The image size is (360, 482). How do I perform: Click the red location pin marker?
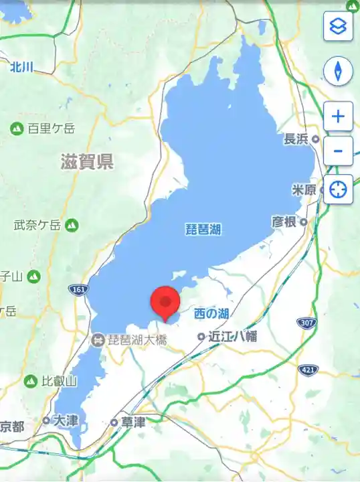(x=165, y=303)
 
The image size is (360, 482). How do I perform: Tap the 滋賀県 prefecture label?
(x=87, y=161)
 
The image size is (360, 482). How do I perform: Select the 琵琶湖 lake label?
(x=203, y=230)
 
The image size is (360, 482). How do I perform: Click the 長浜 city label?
(x=296, y=139)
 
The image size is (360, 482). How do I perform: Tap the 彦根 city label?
(x=284, y=222)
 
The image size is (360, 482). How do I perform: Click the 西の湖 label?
(x=211, y=313)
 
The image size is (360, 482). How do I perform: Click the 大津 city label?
(x=66, y=420)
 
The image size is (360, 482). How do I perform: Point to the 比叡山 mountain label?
(x=59, y=381)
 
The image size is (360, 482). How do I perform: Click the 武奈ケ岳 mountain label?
(x=38, y=226)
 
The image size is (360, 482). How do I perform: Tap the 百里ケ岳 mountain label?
(x=51, y=129)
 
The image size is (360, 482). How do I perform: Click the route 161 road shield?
(x=78, y=289)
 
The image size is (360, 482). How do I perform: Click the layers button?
(x=338, y=27)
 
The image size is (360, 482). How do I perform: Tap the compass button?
(x=338, y=71)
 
